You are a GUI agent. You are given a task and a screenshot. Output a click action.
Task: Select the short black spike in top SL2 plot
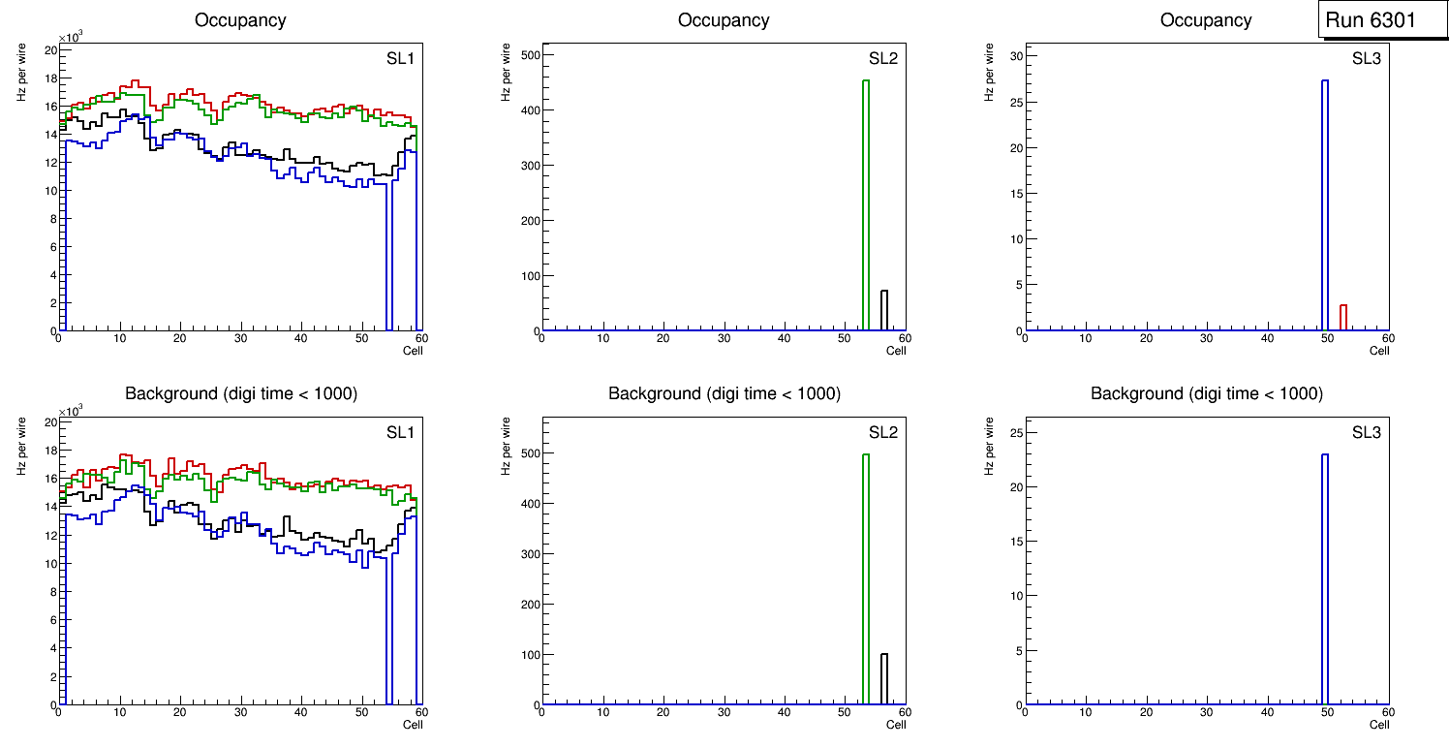pos(884,310)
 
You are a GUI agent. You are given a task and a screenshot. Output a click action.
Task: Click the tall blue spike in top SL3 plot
pos(1325,203)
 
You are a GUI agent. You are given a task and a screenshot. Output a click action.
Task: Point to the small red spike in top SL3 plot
pos(1343,318)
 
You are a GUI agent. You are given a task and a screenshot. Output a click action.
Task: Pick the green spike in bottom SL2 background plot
pos(865,581)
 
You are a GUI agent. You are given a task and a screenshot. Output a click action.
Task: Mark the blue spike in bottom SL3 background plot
pos(1325,581)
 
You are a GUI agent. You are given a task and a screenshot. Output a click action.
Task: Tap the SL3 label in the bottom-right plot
pos(1366,432)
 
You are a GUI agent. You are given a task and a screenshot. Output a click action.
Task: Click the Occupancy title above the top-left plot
pos(240,20)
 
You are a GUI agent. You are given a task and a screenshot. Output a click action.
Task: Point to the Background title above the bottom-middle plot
pos(724,393)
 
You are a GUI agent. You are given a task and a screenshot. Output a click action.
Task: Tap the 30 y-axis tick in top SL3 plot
pos(1015,56)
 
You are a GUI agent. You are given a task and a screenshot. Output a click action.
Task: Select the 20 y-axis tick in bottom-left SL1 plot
pos(50,422)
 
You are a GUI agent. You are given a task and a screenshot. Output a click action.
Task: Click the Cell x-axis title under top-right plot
pos(1379,351)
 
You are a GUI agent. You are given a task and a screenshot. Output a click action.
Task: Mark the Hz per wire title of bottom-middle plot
pos(503,446)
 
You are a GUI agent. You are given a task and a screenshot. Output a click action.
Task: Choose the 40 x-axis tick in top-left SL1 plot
pos(300,338)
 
